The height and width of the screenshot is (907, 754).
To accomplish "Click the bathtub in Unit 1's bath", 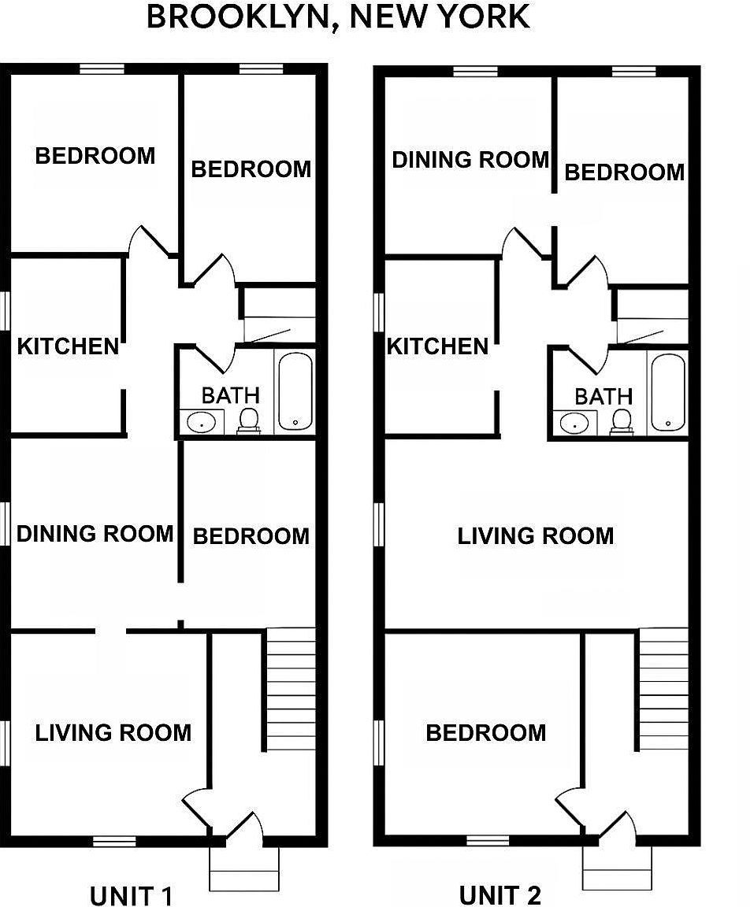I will [x=295, y=391].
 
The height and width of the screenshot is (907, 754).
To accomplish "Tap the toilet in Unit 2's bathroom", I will [x=622, y=420].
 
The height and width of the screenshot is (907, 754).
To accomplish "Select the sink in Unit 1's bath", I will [x=202, y=423].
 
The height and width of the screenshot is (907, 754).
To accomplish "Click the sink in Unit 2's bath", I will [x=575, y=423].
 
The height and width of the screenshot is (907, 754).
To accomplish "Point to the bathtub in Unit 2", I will [x=668, y=391].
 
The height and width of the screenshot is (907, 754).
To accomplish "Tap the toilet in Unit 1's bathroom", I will [x=249, y=420].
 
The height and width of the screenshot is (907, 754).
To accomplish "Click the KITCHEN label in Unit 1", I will [x=68, y=346].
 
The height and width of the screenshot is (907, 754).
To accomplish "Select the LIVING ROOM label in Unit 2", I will [x=535, y=536].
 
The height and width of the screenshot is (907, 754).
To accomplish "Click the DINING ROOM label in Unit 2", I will [x=470, y=160].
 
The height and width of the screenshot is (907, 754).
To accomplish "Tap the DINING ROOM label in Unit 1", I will [x=95, y=534].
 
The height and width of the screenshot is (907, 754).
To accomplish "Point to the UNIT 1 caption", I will [x=131, y=895].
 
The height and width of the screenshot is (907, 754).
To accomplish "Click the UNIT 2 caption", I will [x=500, y=894].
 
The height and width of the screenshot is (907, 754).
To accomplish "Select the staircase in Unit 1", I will [x=291, y=689].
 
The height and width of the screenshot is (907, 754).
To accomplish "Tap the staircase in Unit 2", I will [x=663, y=689].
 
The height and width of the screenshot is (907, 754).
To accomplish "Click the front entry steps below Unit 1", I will [x=244, y=869].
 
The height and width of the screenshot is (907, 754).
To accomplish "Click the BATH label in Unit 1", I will [x=230, y=395].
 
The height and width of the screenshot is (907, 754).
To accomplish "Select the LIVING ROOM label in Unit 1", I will [x=113, y=733].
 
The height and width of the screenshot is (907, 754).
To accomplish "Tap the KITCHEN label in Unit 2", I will [x=437, y=346].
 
